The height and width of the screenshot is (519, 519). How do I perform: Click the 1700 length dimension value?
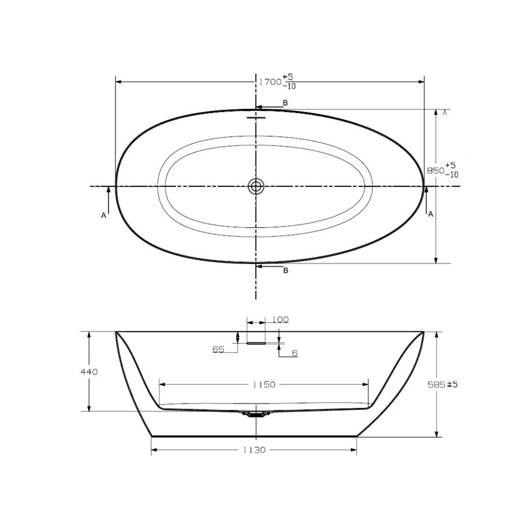pos(270,82)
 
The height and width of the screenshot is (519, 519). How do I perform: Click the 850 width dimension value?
pos(435,171)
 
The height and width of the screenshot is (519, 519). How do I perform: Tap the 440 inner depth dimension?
pos(89,372)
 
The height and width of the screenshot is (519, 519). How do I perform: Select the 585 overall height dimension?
pos(437,384)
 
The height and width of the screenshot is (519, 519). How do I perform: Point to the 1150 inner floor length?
pos(264,384)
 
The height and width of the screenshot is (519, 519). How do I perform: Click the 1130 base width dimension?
pos(254,450)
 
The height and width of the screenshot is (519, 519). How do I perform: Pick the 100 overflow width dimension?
pos(280,320)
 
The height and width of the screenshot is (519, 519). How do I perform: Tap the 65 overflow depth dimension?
pos(218,349)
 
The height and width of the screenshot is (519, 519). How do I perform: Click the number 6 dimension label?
pos(295,353)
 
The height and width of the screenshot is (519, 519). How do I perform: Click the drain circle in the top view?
pos(256,186)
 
